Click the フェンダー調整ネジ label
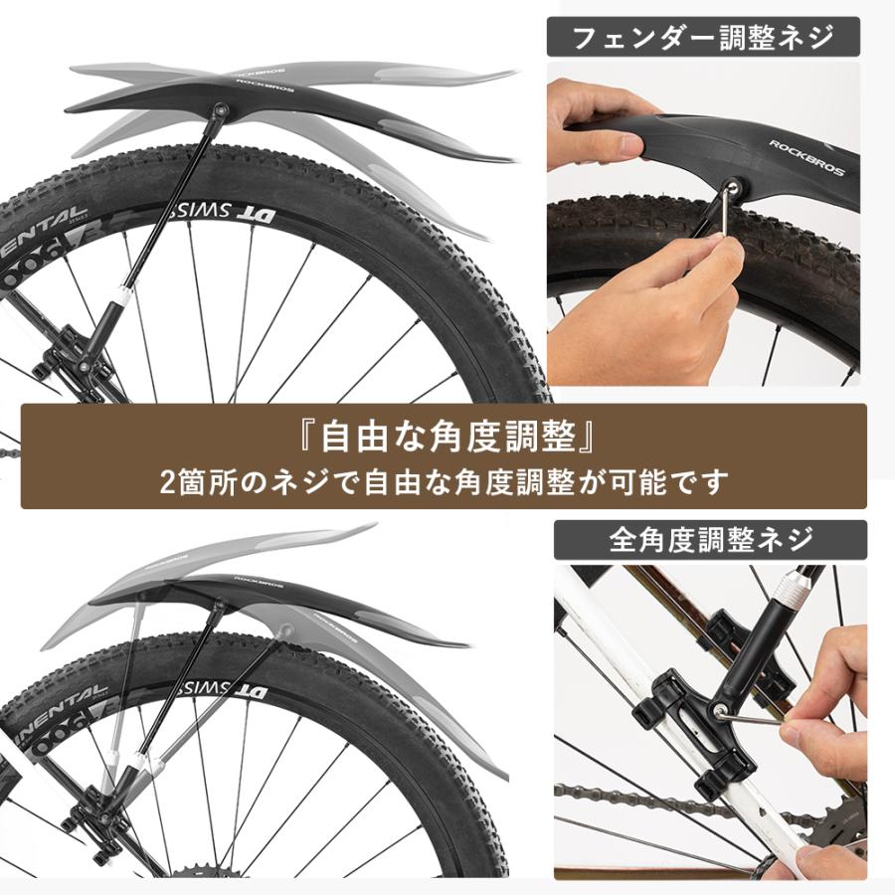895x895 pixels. (703, 39)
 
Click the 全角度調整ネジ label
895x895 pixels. (710, 540)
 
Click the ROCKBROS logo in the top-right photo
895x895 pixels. (805, 158)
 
